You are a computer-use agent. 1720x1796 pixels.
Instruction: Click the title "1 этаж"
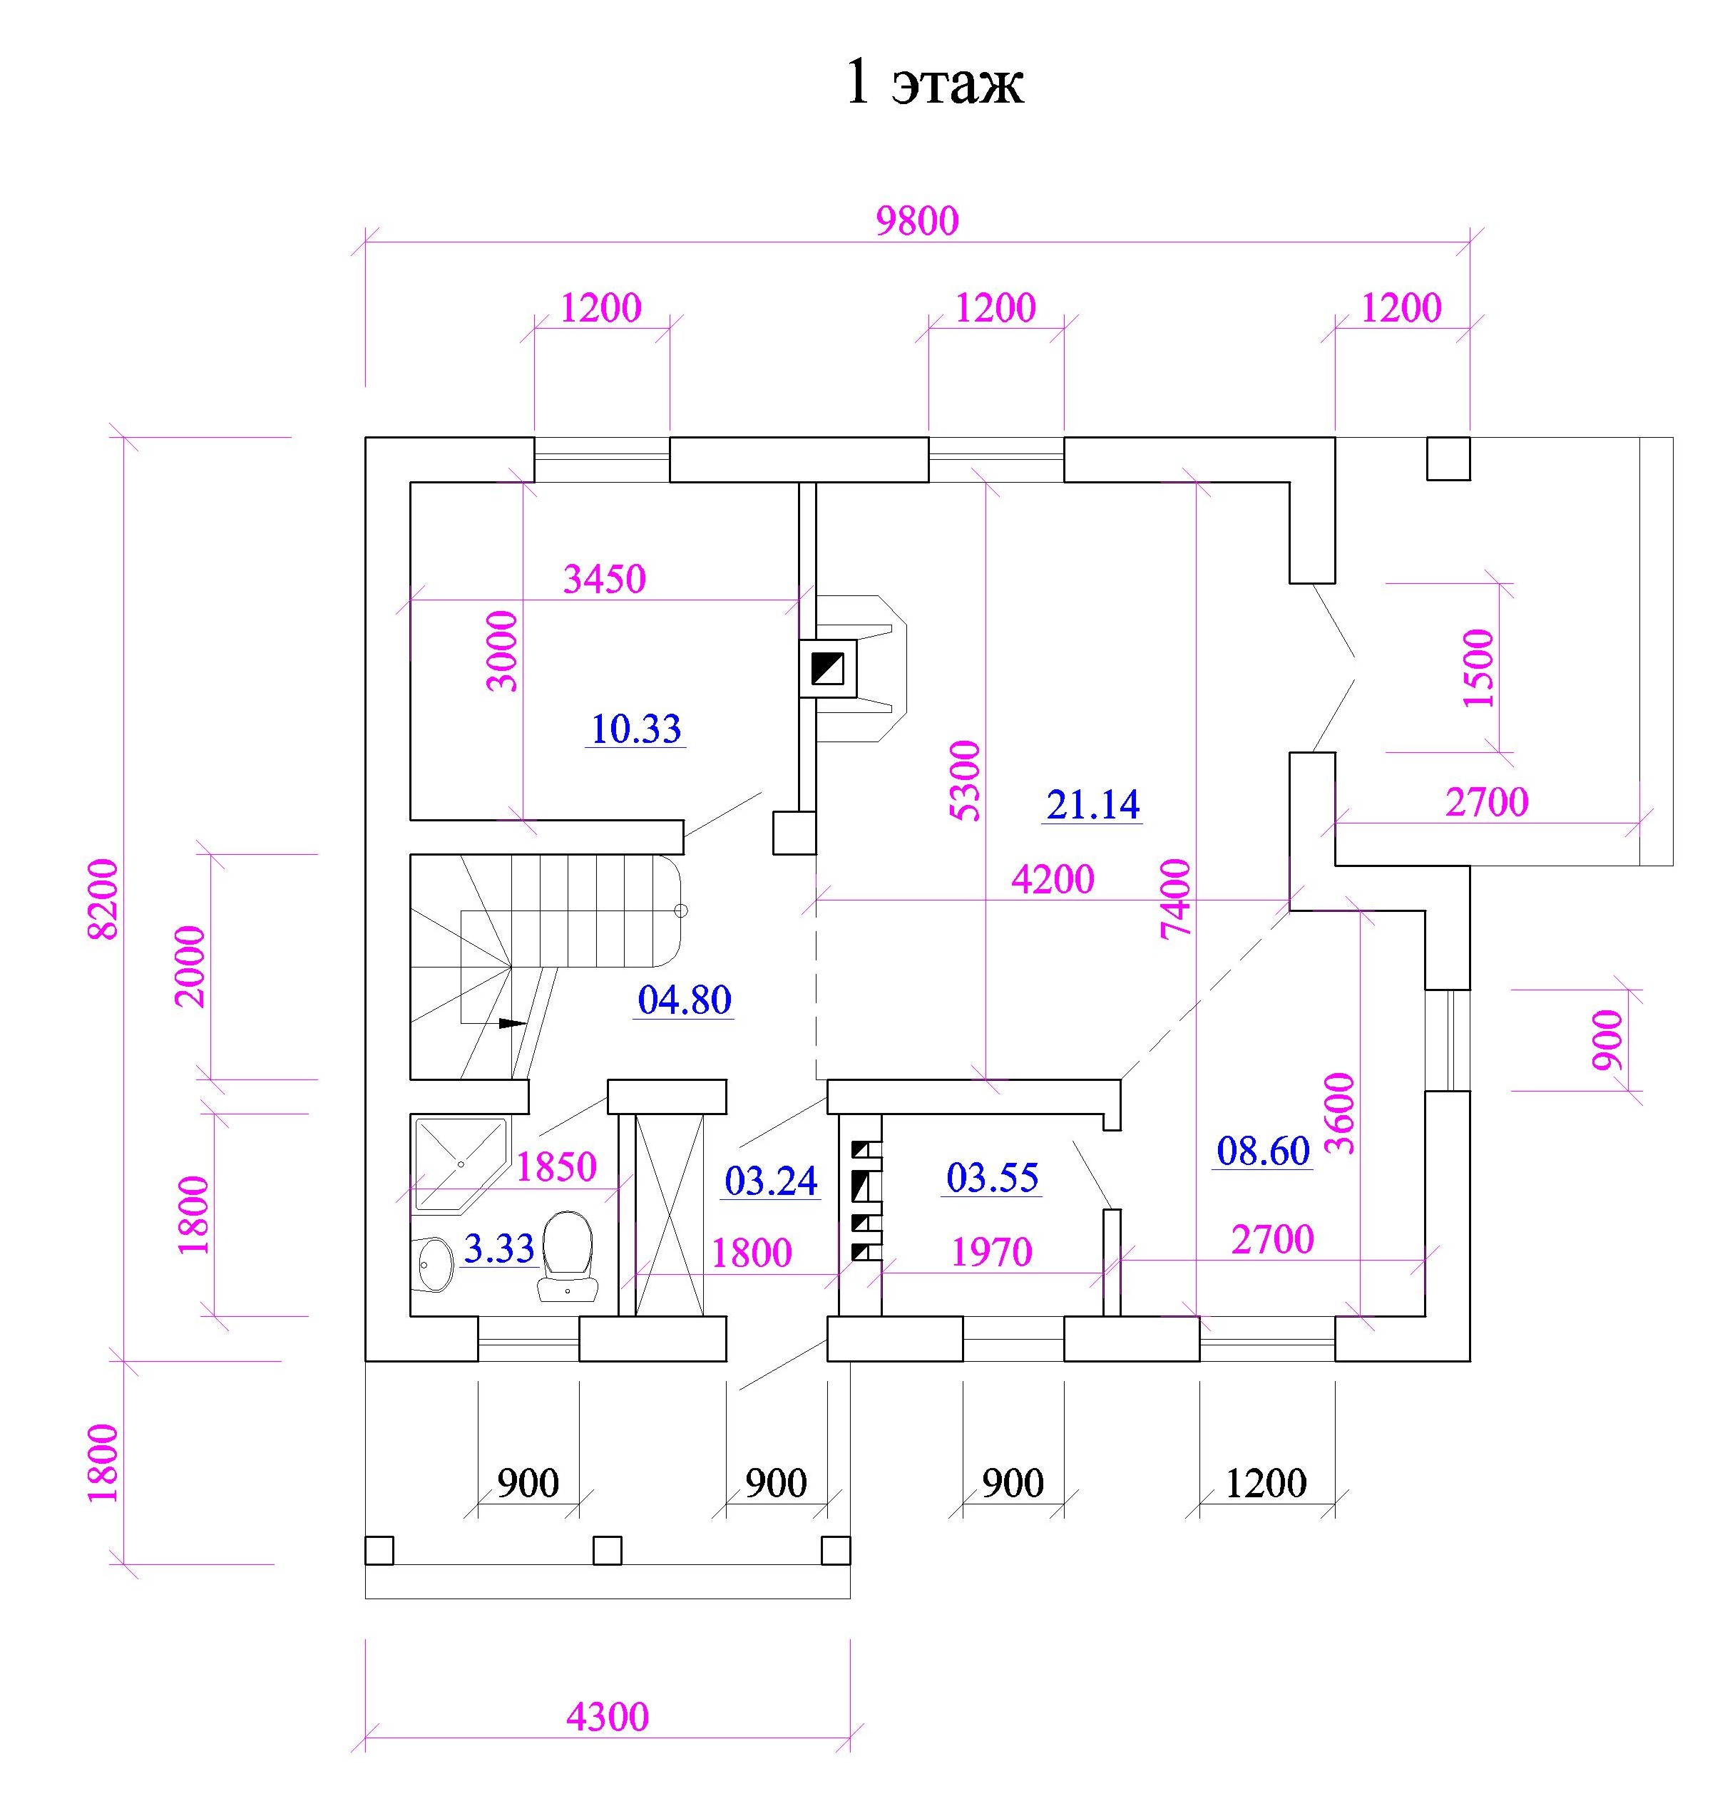click(x=933, y=83)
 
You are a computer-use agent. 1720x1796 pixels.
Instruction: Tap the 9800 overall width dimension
click(x=917, y=221)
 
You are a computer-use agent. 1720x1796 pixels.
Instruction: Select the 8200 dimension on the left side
click(x=103, y=898)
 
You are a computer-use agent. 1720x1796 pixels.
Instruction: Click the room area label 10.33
click(x=636, y=729)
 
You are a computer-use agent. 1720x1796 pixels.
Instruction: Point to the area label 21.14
click(x=1092, y=804)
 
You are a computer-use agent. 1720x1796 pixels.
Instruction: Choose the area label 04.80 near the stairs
click(x=685, y=1000)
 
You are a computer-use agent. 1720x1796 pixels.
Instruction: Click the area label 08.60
click(x=1264, y=1151)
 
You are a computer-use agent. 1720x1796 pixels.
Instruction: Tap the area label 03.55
click(x=993, y=1177)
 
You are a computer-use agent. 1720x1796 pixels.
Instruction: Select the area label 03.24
click(x=771, y=1181)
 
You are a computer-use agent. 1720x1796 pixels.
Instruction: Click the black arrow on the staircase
click(x=513, y=1024)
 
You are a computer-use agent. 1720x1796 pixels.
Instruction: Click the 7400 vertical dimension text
click(x=1176, y=898)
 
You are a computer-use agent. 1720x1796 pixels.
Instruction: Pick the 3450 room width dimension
click(x=604, y=579)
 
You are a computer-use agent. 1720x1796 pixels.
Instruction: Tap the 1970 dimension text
click(x=991, y=1252)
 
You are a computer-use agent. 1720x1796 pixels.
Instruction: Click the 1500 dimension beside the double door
click(x=1478, y=668)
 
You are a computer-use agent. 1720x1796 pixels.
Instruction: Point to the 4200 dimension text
click(x=1053, y=880)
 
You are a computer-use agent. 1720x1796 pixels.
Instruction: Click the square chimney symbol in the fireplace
click(x=827, y=669)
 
